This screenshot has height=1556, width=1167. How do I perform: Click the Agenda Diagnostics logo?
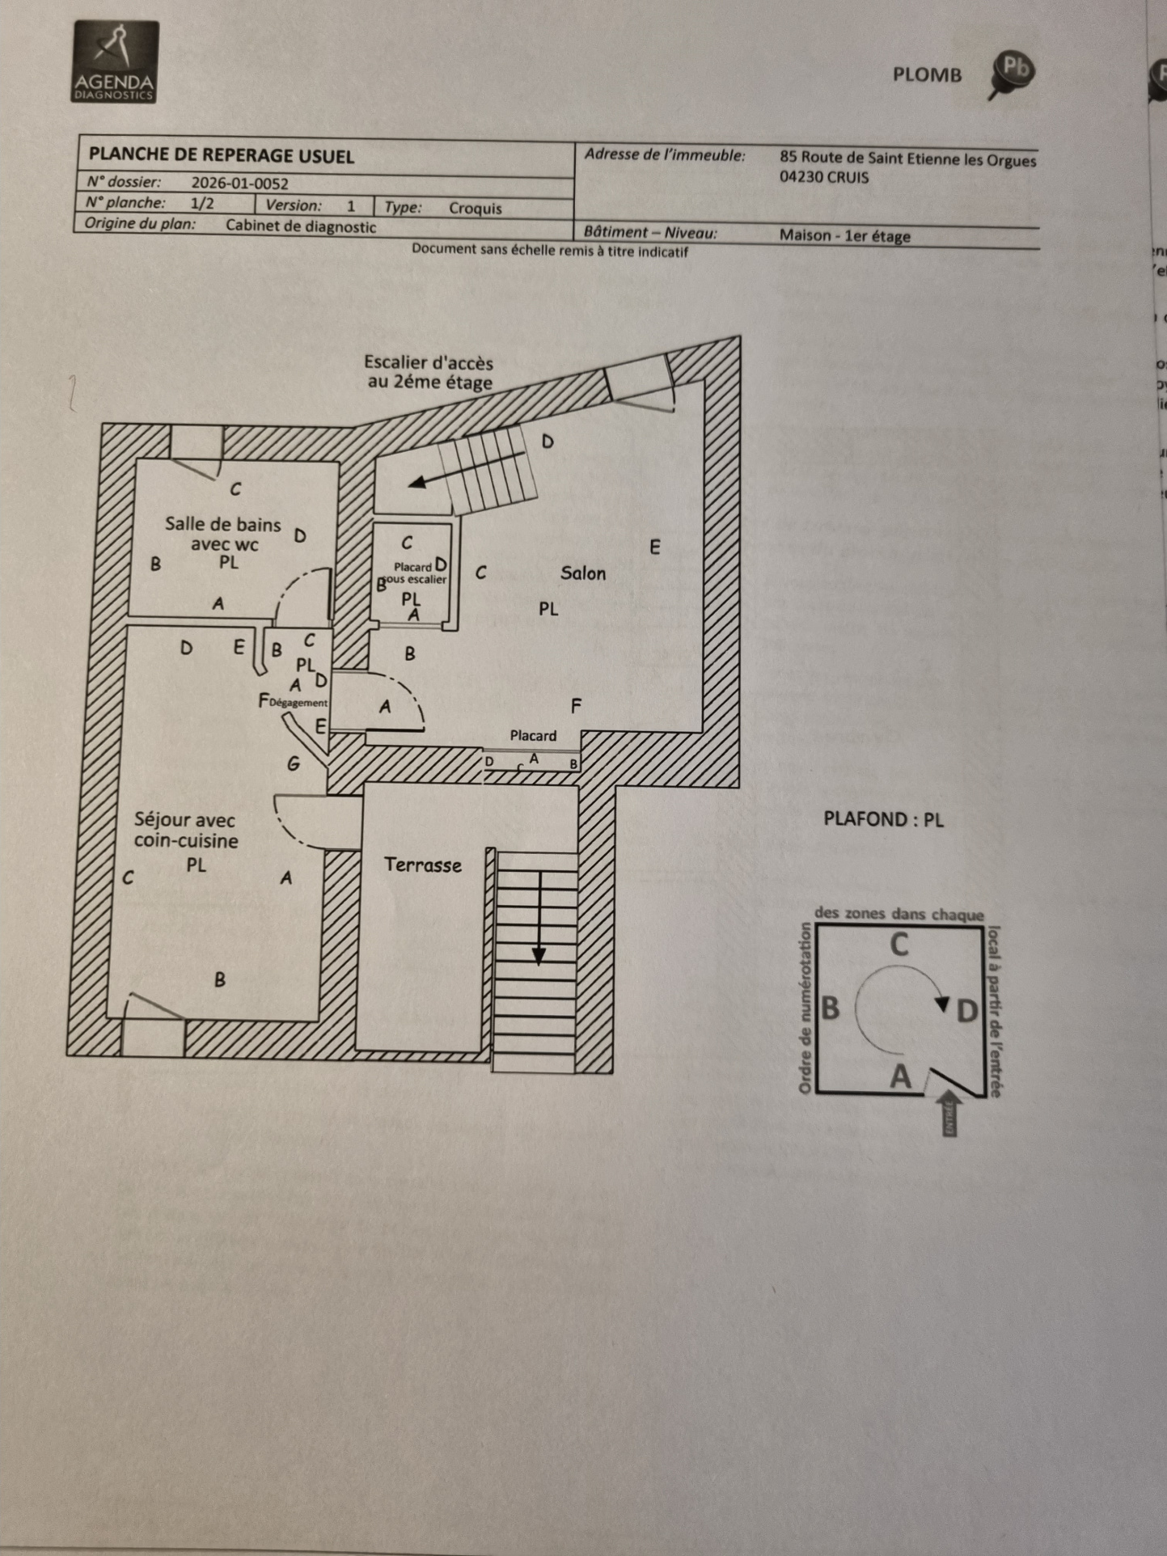pos(116,62)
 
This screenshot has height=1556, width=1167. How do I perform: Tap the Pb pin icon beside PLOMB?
pos(1012,72)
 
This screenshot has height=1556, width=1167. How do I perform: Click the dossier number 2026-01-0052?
pos(239,184)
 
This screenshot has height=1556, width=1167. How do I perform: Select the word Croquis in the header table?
pos(475,209)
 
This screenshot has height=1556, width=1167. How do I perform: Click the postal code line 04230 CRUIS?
pos(823,177)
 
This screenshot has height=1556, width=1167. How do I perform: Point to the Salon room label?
pos(582,573)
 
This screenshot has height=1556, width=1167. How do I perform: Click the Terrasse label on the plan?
pos(422,865)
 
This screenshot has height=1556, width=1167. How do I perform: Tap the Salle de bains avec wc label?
pos(223,534)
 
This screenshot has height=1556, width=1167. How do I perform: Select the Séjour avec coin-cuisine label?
pos(186,830)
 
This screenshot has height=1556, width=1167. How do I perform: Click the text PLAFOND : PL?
pos(883,819)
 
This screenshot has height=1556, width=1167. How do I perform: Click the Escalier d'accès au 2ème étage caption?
pos(429,372)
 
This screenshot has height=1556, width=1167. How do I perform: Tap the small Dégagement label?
pos(298,703)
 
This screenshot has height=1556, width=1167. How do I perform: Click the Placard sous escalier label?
pos(414,573)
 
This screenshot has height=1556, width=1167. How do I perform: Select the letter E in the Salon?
pos(654,548)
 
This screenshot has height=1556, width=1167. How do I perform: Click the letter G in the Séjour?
pos(294,763)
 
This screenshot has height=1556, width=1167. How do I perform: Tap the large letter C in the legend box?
pos(899,945)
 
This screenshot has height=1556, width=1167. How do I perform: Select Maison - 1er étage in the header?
pos(844,236)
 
